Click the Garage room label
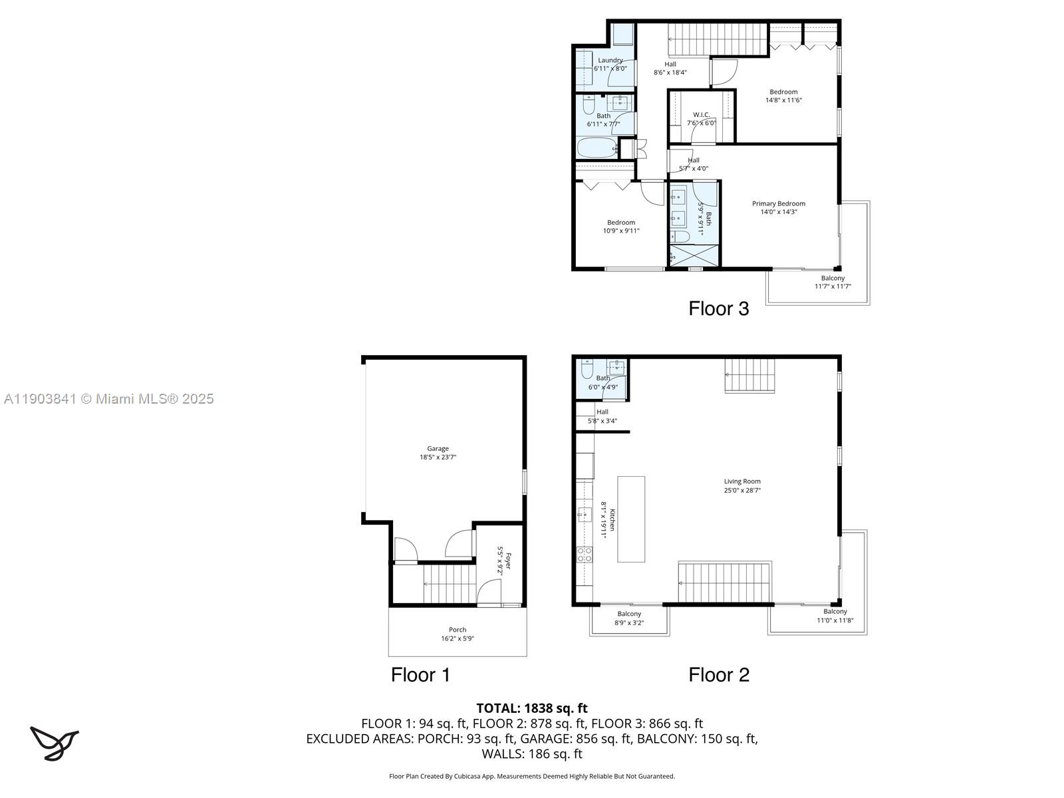[x=438, y=449]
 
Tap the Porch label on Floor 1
[x=458, y=630]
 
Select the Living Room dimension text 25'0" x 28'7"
[x=742, y=491]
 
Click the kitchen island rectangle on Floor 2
[x=631, y=519]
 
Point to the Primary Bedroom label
[x=778, y=204]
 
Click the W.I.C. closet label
[x=701, y=115]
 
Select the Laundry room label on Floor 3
[x=610, y=61]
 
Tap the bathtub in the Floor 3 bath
[x=597, y=148]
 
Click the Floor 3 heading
[x=718, y=309]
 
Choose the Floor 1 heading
[x=420, y=675]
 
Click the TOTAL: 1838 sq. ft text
[x=532, y=708]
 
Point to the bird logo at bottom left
[x=54, y=743]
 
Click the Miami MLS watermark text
[x=108, y=399]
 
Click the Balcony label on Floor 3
[x=833, y=278]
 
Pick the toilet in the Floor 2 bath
[x=587, y=369]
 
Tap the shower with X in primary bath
[x=694, y=255]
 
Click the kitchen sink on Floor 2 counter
[x=585, y=513]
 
